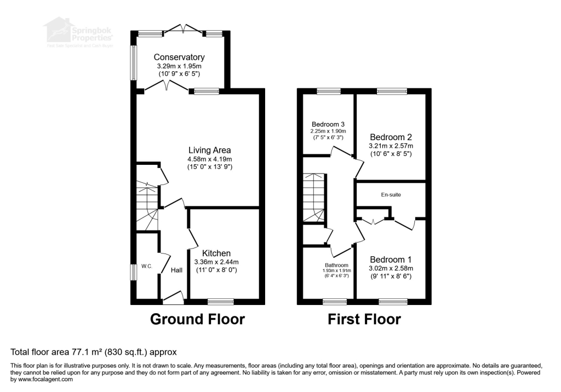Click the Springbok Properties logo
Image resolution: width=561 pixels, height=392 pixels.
tap(79, 32)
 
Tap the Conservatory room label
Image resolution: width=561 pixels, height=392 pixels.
tap(179, 57)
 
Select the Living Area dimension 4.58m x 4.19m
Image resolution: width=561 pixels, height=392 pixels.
tap(209, 159)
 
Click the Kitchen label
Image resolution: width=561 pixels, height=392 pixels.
tap(216, 253)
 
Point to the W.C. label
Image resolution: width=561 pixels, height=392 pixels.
tap(146, 267)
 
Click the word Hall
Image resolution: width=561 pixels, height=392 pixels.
tap(176, 270)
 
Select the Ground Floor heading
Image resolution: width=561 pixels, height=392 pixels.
tap(197, 319)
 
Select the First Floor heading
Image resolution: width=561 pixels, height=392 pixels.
tap(364, 319)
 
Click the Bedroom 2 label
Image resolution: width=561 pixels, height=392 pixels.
tap(391, 137)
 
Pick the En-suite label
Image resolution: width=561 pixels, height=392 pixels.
tap(391, 194)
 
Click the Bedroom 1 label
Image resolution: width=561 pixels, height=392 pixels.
tap(391, 259)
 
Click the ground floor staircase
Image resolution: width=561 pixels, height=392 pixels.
tap(147, 205)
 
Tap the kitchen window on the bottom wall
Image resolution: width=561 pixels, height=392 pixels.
tap(221, 301)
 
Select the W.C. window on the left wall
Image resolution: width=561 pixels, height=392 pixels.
tap(133, 272)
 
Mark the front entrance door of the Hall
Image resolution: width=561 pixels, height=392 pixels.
tap(174, 299)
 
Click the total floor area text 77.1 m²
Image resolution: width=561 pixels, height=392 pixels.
tap(93, 351)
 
